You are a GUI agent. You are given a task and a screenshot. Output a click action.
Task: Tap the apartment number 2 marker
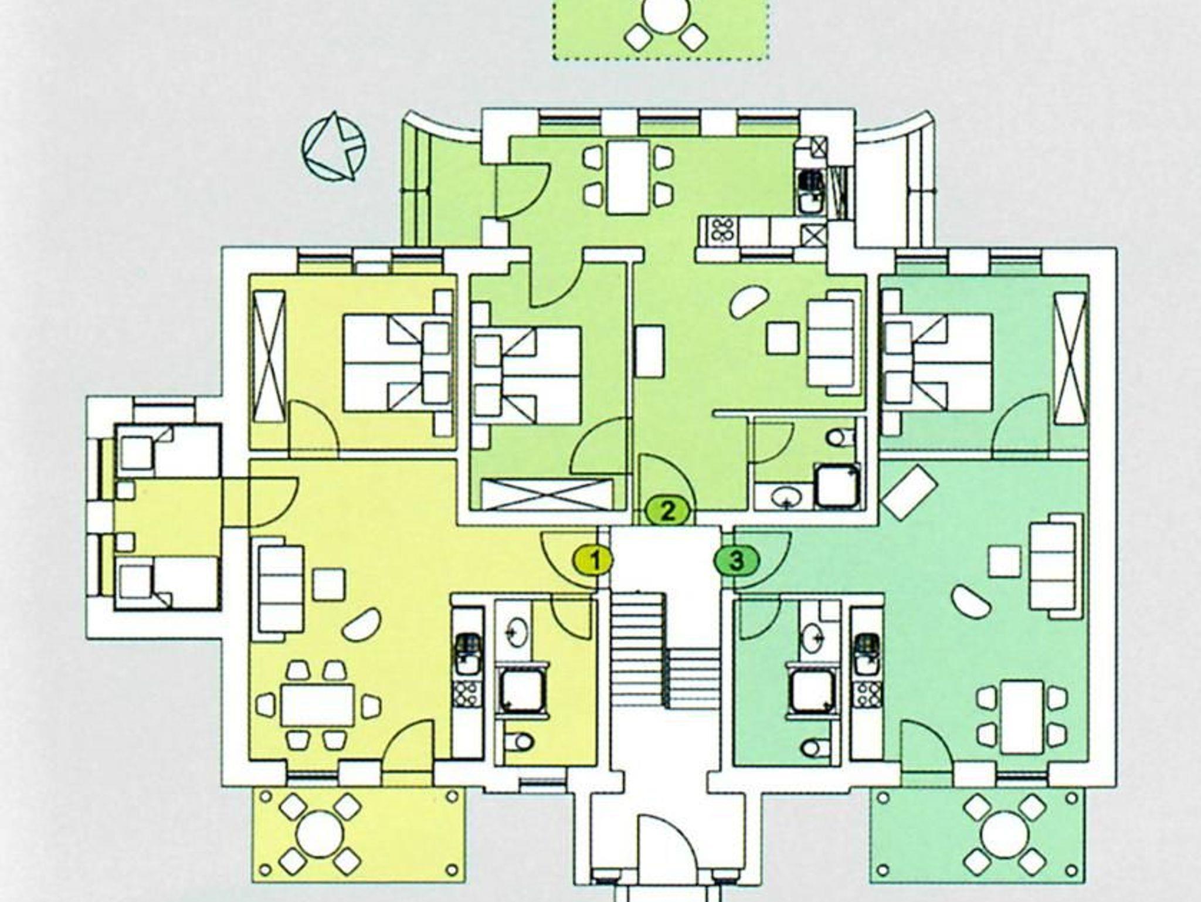click(x=669, y=510)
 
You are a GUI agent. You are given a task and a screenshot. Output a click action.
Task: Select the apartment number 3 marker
click(x=737, y=561)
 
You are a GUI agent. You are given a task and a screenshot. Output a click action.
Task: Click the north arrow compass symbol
click(x=334, y=145)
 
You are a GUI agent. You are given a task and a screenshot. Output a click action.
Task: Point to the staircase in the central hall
click(x=665, y=649)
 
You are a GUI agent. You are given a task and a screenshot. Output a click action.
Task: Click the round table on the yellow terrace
click(x=320, y=835)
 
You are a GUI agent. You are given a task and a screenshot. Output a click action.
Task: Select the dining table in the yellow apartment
click(x=317, y=704)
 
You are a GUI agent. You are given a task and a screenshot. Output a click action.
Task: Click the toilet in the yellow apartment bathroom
click(x=518, y=742)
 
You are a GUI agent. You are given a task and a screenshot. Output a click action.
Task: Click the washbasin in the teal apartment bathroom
click(x=812, y=638)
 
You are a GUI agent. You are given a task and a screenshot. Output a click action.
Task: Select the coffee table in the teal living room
click(x=1005, y=561)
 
